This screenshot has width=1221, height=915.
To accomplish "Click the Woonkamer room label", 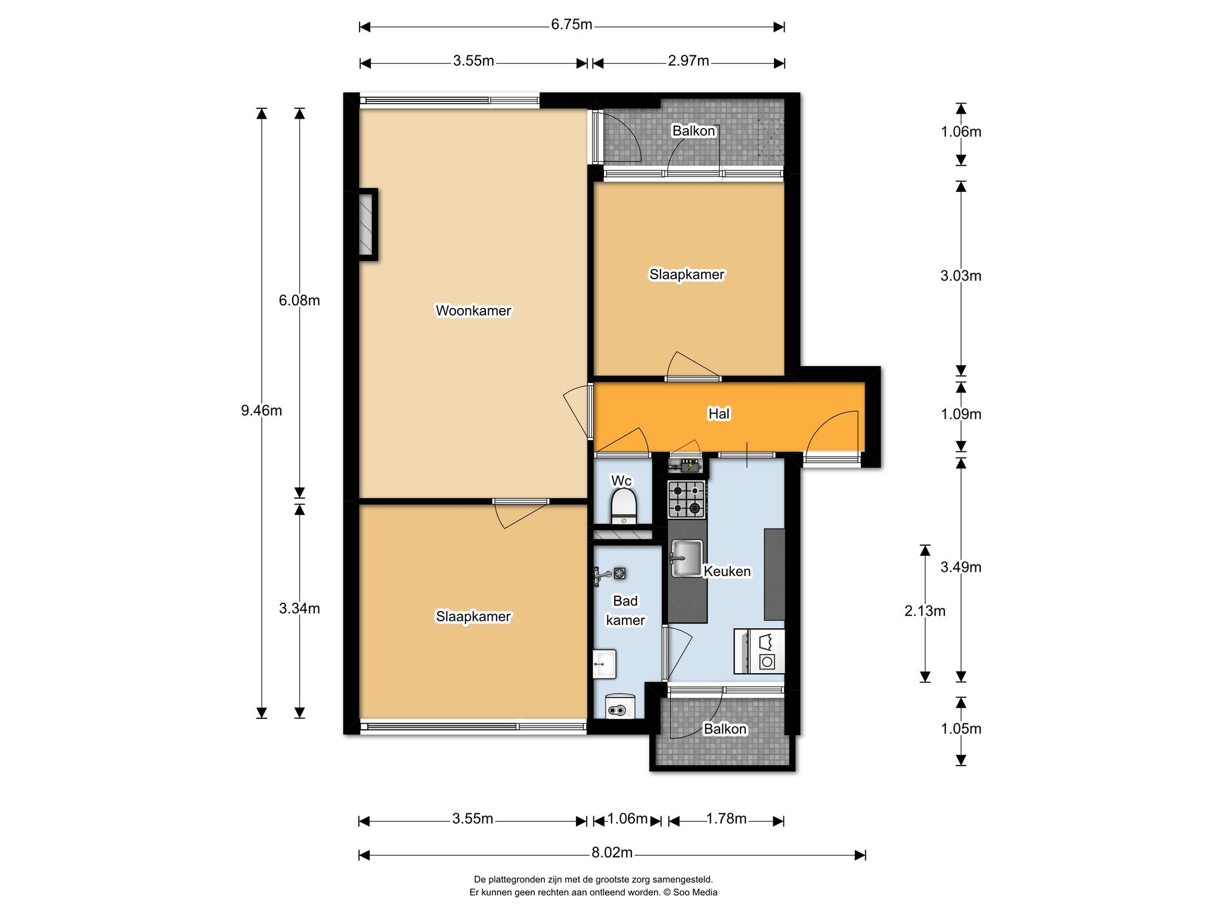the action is (473, 310).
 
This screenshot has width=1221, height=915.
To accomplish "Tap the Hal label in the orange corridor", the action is (719, 413).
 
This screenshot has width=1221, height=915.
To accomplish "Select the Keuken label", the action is (727, 571).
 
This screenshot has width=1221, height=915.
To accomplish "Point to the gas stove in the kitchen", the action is (687, 499).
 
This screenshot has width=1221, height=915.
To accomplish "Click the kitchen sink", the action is (687, 558).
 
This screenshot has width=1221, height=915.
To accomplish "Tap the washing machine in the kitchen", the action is (759, 651).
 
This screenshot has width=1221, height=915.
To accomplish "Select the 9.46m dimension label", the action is (261, 410).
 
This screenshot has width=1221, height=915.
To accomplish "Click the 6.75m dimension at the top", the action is (572, 24).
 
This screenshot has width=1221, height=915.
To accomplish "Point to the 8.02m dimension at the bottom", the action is (612, 852).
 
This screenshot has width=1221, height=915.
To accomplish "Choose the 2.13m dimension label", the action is (925, 611).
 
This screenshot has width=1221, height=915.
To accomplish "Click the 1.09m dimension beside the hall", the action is (961, 414).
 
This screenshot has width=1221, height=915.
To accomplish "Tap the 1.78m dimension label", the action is (726, 819).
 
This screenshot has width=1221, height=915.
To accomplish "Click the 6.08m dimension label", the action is (299, 301).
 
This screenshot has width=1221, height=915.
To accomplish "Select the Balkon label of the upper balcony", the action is (694, 130).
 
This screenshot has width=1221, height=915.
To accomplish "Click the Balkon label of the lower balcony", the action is (725, 729).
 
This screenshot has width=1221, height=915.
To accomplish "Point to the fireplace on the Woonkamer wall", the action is (367, 225).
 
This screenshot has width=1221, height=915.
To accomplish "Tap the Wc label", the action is (621, 481).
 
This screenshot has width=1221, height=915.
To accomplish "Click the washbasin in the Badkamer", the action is (605, 664).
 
